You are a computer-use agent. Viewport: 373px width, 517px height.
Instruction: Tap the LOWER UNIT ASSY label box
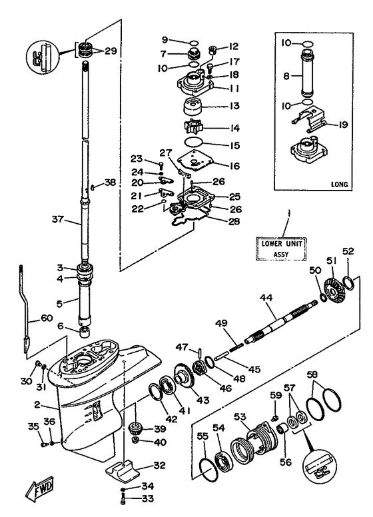281,249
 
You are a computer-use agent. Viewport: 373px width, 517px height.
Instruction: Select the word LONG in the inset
339,185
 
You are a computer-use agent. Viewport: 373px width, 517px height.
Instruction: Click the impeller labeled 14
195,128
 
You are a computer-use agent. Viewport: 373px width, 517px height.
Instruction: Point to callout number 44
266,298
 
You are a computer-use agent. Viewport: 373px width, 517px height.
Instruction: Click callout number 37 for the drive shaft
58,219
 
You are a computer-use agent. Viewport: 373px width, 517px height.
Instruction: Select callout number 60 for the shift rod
47,318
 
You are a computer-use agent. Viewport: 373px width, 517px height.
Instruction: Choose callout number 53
240,417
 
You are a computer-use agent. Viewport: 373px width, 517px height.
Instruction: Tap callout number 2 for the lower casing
37,404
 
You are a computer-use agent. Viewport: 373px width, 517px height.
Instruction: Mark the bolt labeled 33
123,498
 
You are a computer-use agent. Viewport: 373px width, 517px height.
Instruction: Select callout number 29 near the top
111,51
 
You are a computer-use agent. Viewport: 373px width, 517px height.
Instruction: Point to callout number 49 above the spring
222,323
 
